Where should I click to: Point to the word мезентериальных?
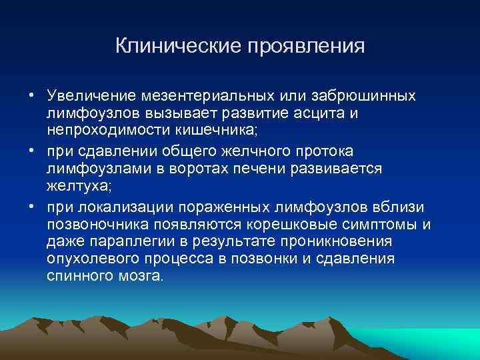click(x=196, y=97)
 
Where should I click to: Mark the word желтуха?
click(x=75, y=185)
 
